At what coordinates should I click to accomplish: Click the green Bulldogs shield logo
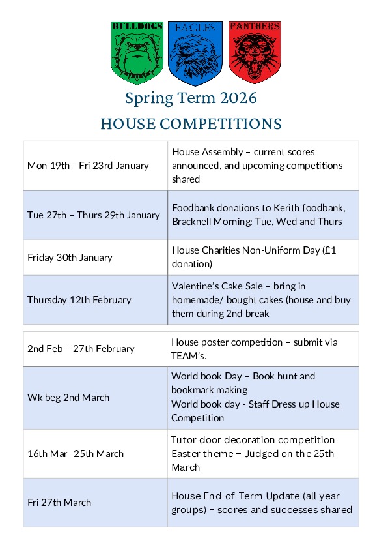(x=137, y=52)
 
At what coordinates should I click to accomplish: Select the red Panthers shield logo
(x=255, y=52)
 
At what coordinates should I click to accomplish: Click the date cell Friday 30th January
(x=70, y=257)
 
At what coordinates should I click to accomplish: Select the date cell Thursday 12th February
(x=79, y=300)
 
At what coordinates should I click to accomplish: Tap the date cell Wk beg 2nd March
(x=68, y=398)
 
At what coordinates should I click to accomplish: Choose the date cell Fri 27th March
(x=59, y=503)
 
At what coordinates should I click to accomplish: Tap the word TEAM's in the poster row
(x=187, y=355)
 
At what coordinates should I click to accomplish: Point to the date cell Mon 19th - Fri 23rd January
(x=88, y=166)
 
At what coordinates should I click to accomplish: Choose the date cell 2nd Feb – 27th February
(x=81, y=349)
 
